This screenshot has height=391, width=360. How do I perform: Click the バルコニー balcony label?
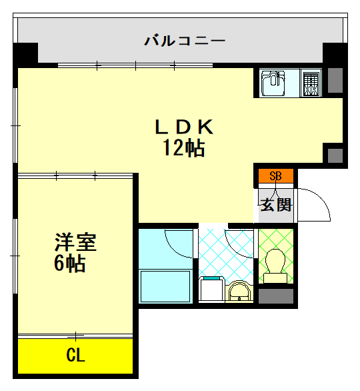pos(185,41)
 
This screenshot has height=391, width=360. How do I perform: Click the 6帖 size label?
pos(69,264)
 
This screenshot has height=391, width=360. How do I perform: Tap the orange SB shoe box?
pos(275,177)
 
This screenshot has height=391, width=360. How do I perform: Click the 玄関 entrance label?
pos(275,204)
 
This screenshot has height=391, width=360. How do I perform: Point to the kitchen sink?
pos(273,83)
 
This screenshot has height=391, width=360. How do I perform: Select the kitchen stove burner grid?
pos(311,83)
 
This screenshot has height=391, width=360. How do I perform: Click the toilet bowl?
pos(276,262)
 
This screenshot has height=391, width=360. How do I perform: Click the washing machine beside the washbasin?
pos(211,288)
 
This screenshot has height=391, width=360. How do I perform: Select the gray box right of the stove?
pos(335,80)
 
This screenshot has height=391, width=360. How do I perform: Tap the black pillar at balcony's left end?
pos(25,54)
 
